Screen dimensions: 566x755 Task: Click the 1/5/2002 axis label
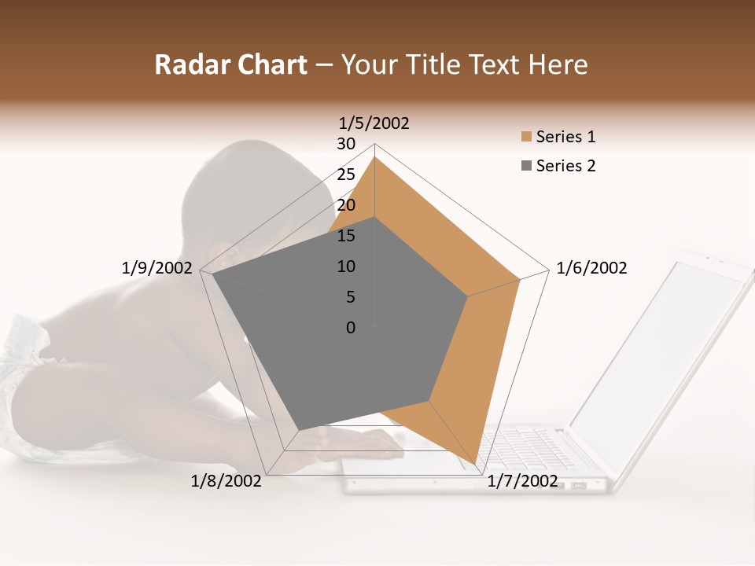(374, 123)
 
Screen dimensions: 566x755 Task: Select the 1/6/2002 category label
(591, 268)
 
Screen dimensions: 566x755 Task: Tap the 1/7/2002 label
(522, 481)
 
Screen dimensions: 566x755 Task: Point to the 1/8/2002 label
(226, 481)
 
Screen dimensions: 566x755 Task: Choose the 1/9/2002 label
(157, 268)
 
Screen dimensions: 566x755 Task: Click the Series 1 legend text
(565, 137)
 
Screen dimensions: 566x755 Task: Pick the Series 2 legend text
(565, 166)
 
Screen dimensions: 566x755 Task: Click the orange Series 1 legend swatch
(526, 138)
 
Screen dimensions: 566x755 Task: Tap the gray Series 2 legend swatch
(526, 166)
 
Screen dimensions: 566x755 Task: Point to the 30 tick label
(346, 144)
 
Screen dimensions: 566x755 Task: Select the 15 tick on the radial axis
(346, 236)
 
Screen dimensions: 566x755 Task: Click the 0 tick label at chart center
(351, 328)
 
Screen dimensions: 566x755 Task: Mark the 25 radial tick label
(346, 175)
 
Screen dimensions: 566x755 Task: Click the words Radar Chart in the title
(230, 65)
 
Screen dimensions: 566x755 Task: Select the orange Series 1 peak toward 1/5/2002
(374, 157)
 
